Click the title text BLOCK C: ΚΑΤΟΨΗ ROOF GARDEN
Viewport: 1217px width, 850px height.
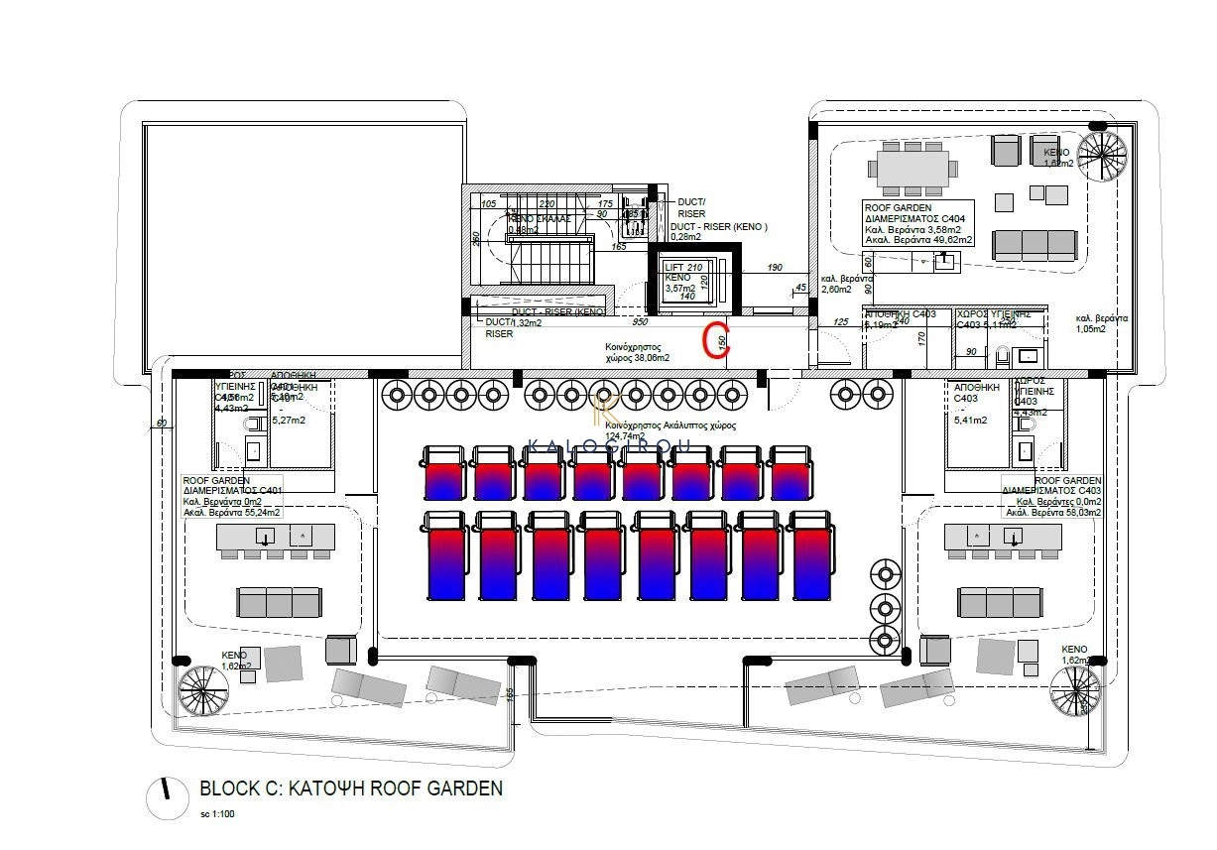pyautogui.click(x=351, y=789)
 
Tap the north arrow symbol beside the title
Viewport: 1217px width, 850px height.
pyautogui.click(x=169, y=795)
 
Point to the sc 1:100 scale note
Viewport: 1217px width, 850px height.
pyautogui.click(x=218, y=814)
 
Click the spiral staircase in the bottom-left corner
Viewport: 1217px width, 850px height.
pyautogui.click(x=201, y=690)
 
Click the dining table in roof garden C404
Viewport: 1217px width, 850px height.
pyautogui.click(x=912, y=168)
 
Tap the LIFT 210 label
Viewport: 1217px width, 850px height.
pyautogui.click(x=683, y=267)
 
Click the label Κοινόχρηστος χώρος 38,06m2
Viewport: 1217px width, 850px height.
pyautogui.click(x=638, y=353)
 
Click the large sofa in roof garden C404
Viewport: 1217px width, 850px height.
pyautogui.click(x=1034, y=244)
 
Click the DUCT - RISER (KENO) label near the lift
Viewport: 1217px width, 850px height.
pyautogui.click(x=721, y=226)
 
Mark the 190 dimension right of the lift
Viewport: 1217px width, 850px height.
pyautogui.click(x=775, y=268)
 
